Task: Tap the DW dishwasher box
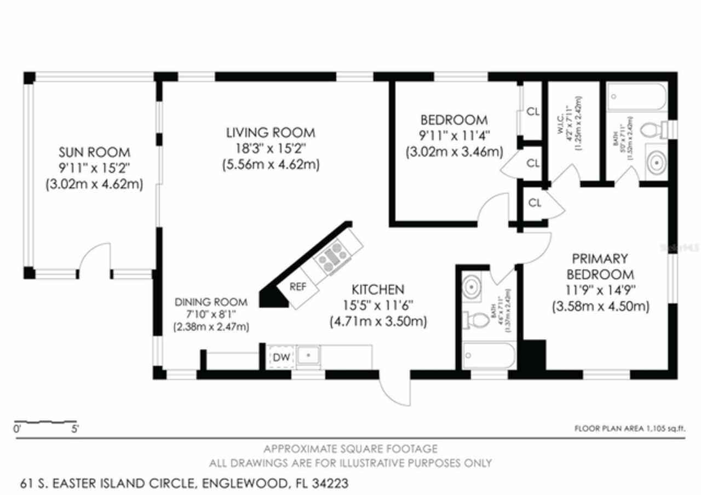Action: point(281,357)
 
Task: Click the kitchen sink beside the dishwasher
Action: point(309,356)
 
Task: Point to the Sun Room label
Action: point(94,152)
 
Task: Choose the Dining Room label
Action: point(211,302)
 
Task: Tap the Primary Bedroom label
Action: point(600,266)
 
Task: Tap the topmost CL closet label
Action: point(533,112)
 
